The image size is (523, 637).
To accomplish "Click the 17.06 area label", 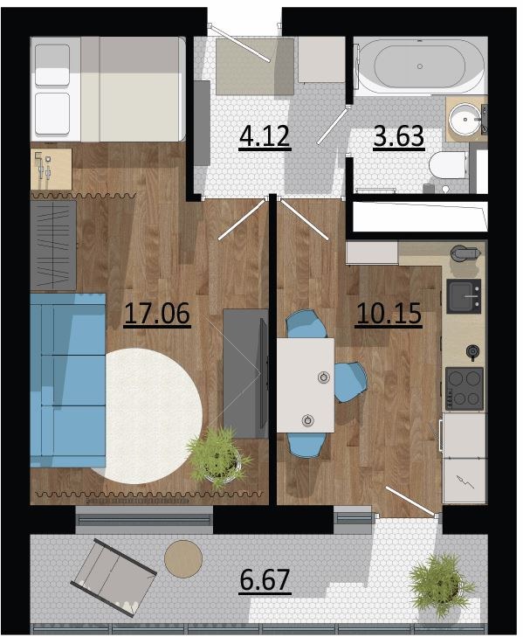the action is (x=157, y=314).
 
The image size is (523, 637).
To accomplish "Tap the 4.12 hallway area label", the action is (x=265, y=136).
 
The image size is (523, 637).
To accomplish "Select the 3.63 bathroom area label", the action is (x=398, y=136).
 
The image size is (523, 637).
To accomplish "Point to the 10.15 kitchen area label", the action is (x=389, y=314).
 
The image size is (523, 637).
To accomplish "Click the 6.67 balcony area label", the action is (x=265, y=579).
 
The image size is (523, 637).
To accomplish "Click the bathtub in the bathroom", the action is (x=420, y=66).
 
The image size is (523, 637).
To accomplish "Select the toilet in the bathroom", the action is (x=448, y=165).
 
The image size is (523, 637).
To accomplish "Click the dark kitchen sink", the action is (x=464, y=295).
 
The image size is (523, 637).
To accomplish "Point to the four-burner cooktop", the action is (x=465, y=389).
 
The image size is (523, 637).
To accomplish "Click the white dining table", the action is (x=306, y=385).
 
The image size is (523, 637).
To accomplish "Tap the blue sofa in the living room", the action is (x=68, y=380).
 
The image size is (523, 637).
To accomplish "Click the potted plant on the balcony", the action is (x=440, y=585).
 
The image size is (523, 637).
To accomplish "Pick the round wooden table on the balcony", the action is (x=183, y=558).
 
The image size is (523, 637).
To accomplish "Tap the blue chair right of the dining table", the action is (x=351, y=382).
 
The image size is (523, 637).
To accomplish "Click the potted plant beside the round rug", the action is (x=218, y=458).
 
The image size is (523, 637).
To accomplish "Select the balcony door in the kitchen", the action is (x=412, y=502).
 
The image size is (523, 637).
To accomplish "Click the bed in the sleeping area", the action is (x=108, y=89).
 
